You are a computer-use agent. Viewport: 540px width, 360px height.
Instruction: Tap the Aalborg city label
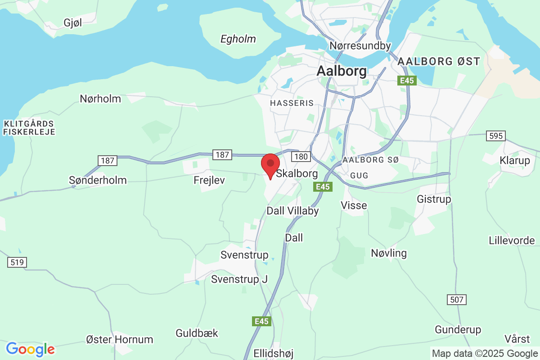[342, 71]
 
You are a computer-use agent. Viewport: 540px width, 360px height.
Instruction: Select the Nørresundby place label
[360, 46]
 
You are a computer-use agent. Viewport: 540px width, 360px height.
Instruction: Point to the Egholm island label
[238, 39]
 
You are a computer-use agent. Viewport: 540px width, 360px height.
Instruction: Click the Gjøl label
[73, 23]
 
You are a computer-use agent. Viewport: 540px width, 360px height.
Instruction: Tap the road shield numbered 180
[300, 156]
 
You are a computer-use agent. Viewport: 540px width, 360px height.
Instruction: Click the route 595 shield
[496, 136]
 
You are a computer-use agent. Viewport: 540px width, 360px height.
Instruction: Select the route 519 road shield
[17, 262]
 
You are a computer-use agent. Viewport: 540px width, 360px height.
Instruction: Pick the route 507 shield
[457, 299]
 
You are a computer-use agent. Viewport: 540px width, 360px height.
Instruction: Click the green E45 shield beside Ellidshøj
[261, 321]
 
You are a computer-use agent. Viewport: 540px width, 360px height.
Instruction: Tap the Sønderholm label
[98, 180]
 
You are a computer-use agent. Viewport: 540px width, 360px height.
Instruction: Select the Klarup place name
[515, 160]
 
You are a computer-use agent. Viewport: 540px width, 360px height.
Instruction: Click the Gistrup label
[434, 199]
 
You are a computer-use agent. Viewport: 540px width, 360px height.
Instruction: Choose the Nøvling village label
[389, 253]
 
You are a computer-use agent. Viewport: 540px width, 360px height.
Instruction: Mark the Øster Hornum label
[120, 339]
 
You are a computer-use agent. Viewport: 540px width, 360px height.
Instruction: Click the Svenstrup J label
[239, 279]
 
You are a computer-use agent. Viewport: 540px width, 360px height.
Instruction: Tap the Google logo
[30, 349]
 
